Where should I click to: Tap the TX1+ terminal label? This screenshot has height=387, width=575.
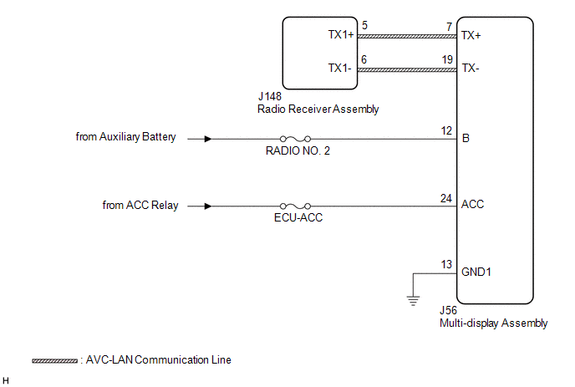[341, 34]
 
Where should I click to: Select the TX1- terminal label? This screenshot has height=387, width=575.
[339, 68]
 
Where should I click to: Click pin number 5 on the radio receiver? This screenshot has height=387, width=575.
[364, 25]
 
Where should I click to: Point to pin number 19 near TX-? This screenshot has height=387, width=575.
[447, 59]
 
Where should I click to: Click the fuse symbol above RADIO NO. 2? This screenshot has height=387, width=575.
[295, 139]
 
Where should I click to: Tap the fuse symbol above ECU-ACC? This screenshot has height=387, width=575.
[295, 206]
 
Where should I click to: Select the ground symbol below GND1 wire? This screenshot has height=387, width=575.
[413, 301]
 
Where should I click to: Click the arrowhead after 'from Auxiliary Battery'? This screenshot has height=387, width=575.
[208, 139]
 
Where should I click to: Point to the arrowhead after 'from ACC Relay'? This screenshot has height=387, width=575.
[208, 206]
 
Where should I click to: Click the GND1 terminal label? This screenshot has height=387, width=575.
[476, 272]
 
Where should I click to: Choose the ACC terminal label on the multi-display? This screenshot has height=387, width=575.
[472, 204]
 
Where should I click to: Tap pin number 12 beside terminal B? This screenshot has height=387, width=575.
[446, 130]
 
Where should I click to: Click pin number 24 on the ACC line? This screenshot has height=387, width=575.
[446, 198]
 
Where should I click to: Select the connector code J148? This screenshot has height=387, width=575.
[270, 96]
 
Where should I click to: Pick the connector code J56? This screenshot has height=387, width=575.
[448, 310]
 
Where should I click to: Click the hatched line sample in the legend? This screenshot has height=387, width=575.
[54, 361]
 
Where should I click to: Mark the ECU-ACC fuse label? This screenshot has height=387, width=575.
[298, 217]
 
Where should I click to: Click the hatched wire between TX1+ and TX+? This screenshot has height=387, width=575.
[407, 36]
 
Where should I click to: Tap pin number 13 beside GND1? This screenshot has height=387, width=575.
[446, 264]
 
